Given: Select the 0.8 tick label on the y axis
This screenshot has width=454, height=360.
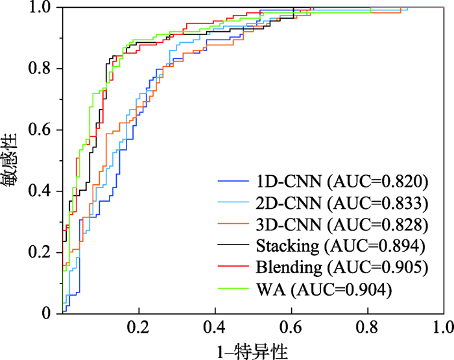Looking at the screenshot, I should tap(41, 69).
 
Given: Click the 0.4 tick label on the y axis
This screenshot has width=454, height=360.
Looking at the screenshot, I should tap(41, 191).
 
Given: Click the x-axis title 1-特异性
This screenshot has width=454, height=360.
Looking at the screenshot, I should tap(254, 349).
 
